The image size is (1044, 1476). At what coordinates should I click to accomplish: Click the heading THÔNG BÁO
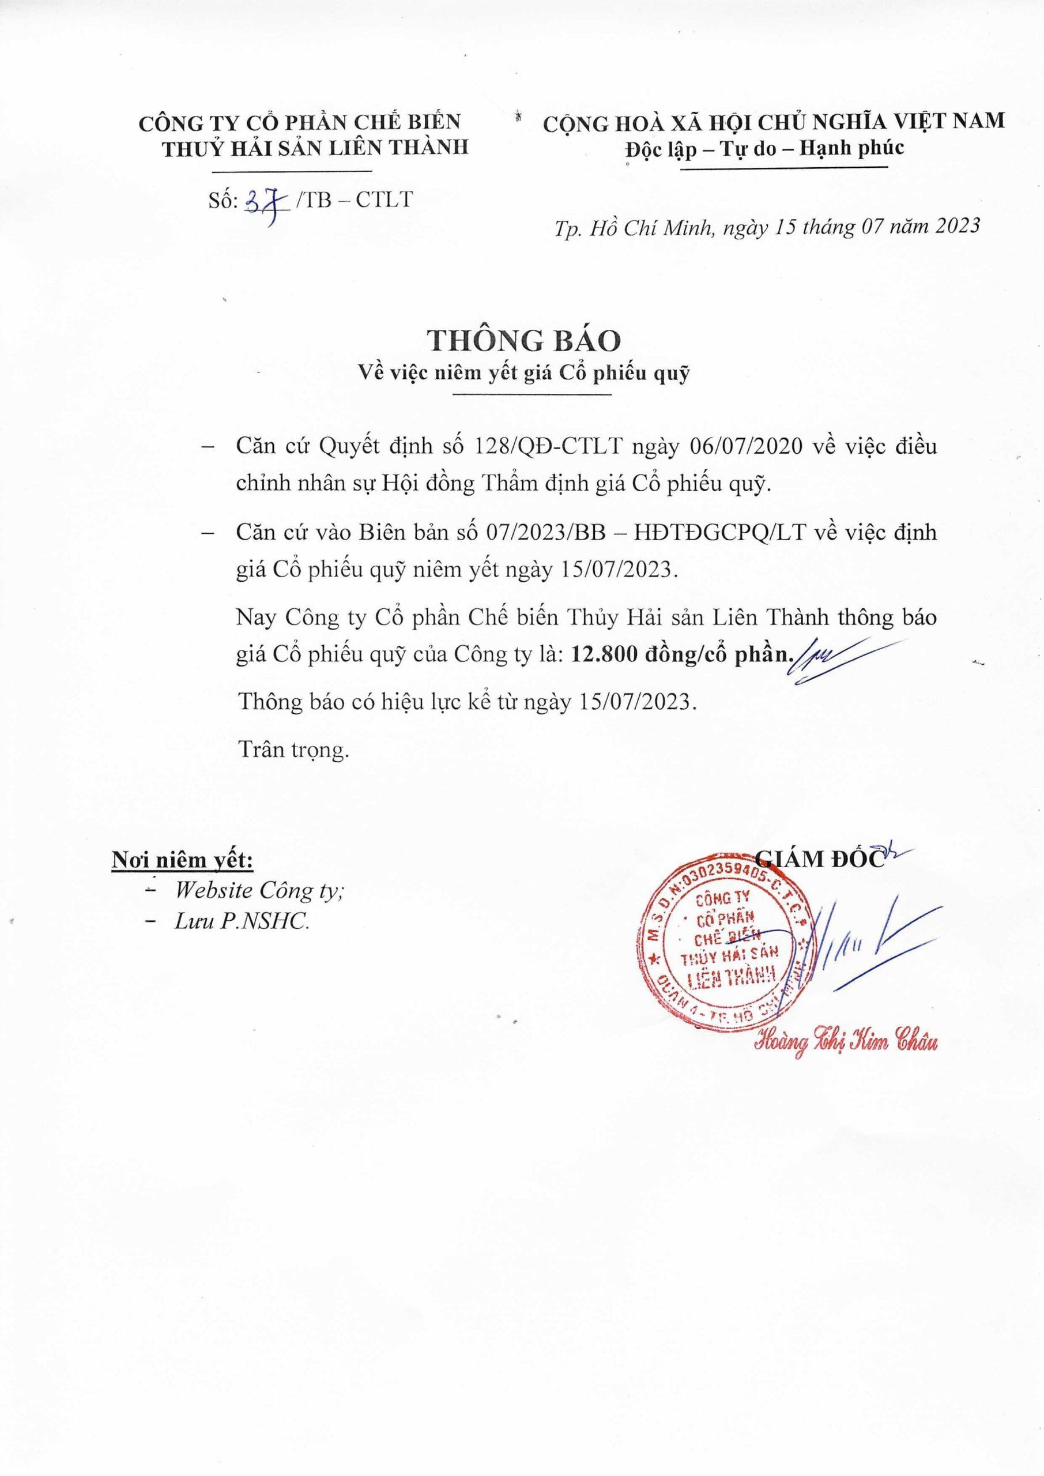(x=521, y=342)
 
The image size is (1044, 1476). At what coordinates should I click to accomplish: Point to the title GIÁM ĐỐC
(x=821, y=860)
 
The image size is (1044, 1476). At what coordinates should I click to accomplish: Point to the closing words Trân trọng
(x=294, y=750)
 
